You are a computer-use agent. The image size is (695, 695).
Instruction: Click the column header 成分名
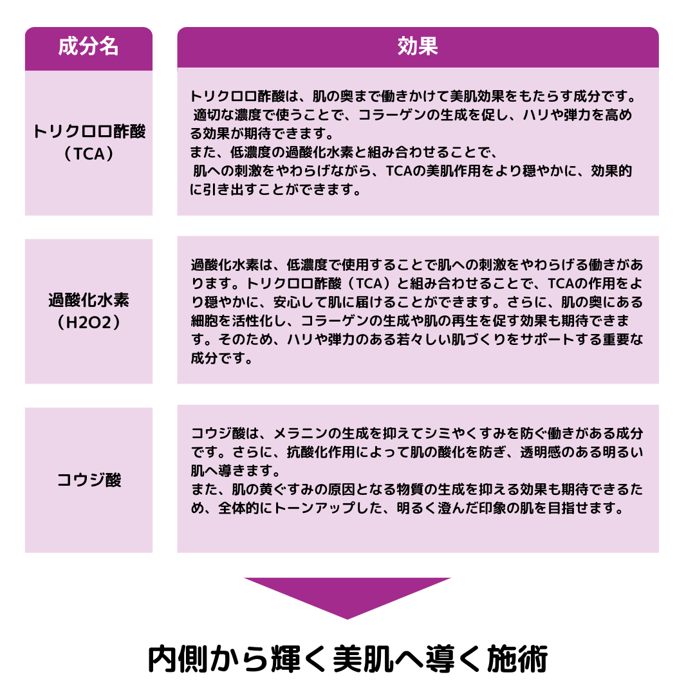(x=89, y=46)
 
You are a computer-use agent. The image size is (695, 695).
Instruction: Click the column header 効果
(x=418, y=46)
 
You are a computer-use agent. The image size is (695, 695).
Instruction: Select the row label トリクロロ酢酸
(x=89, y=132)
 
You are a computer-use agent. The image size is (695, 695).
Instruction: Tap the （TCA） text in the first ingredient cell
(x=89, y=154)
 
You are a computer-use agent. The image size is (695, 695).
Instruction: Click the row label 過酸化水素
(x=89, y=300)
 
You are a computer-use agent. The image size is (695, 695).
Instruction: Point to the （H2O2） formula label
(x=89, y=322)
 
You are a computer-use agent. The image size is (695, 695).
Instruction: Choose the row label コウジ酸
(x=89, y=480)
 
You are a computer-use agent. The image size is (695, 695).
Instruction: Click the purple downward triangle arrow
(x=347, y=595)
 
